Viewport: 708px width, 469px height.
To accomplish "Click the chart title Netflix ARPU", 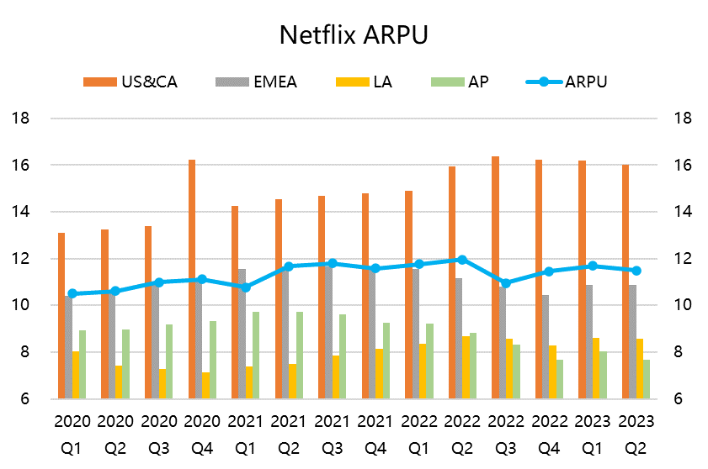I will coord(354,35).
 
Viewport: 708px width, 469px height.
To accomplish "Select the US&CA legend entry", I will coord(130,82).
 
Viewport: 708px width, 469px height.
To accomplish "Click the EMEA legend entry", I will coord(256,82).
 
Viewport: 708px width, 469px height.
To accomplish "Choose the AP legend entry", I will coord(460,82).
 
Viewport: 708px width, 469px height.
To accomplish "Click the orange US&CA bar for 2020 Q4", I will coord(192,278).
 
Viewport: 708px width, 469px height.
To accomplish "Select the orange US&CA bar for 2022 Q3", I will coord(495,277).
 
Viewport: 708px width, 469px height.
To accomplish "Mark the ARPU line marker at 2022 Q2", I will coord(462,260).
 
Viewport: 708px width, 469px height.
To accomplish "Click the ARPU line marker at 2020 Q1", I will coord(72,293).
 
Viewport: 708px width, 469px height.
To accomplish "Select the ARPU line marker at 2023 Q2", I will coord(636,271).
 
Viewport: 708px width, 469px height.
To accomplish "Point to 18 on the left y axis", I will coord(21,119).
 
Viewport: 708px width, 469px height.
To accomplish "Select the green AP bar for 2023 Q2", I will coord(647,379).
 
